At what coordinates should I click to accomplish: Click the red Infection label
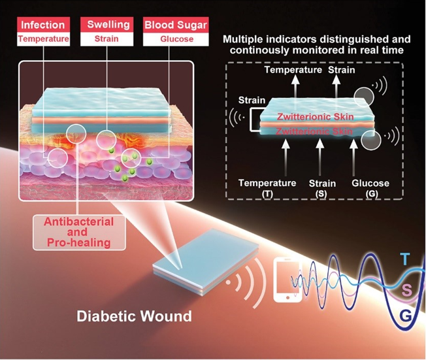pyautogui.click(x=44, y=25)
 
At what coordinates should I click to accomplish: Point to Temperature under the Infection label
pyautogui.click(x=44, y=39)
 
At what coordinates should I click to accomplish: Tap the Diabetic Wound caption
pyautogui.click(x=134, y=317)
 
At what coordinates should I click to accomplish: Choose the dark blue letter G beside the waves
pyautogui.click(x=406, y=318)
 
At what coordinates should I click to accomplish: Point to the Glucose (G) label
pyautogui.click(x=370, y=188)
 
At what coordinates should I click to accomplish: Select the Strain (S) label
pyautogui.click(x=321, y=188)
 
